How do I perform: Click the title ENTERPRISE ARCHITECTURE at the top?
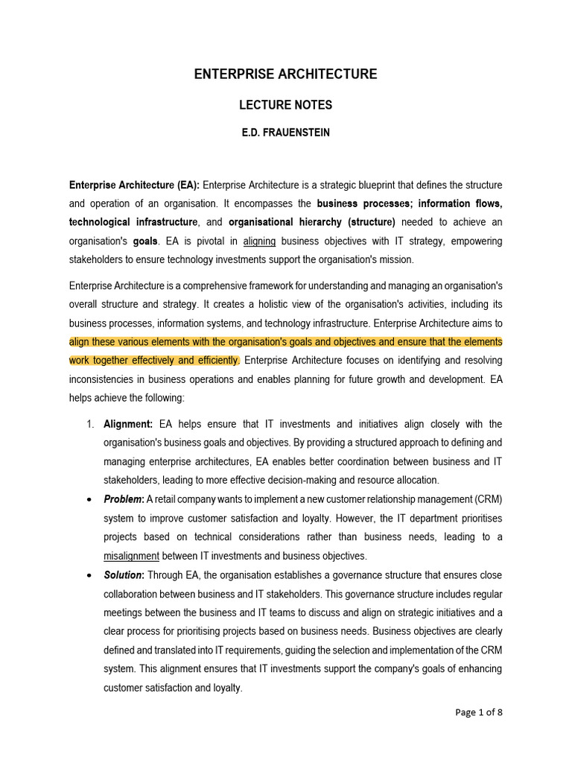tap(285, 74)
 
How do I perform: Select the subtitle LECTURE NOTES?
tap(285, 105)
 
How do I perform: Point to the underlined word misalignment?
tap(131, 555)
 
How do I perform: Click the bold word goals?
tap(145, 241)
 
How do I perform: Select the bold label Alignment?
tap(128, 424)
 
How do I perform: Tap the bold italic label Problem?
tap(124, 499)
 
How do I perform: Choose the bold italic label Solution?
tap(124, 574)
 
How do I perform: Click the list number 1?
tap(89, 424)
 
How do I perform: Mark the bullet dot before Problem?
tap(89, 499)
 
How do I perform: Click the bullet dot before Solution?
tap(89, 574)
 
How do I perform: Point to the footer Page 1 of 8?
tap(479, 712)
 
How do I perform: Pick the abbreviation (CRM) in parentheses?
tap(485, 499)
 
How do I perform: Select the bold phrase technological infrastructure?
tap(134, 222)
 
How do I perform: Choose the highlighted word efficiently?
tap(215, 361)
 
